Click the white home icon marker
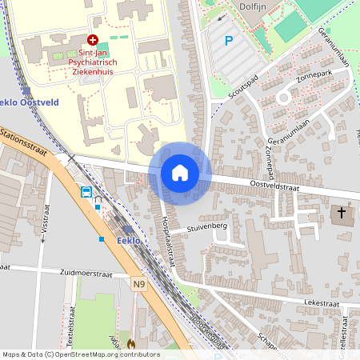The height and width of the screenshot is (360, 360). pos(180,173)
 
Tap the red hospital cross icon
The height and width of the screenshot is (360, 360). pos(93,39)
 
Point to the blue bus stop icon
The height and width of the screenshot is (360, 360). pos(86,192)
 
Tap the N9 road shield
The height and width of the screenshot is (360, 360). pos(139,282)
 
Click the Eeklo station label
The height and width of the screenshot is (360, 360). pos(129,241)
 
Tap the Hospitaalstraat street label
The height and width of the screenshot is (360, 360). pos(168,237)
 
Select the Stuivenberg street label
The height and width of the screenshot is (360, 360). pos(208,226)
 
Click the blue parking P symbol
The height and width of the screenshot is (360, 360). pos(229,41)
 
